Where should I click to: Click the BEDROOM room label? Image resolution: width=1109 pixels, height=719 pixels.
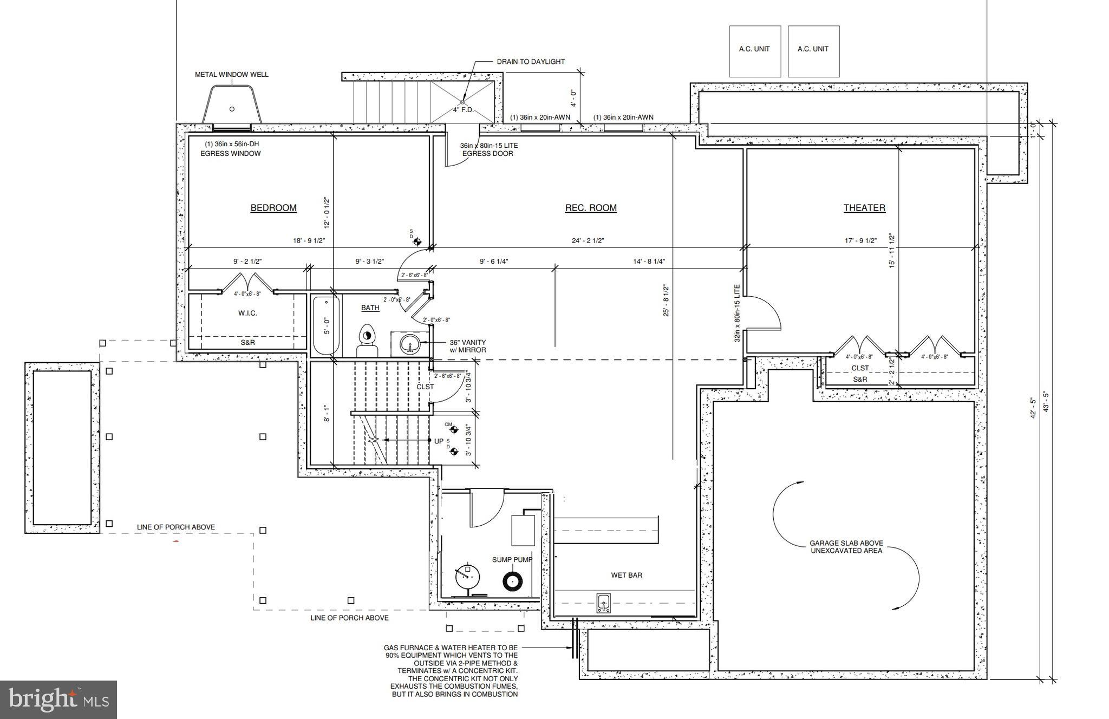click(x=273, y=208)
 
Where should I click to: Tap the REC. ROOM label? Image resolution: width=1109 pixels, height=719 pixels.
click(x=591, y=208)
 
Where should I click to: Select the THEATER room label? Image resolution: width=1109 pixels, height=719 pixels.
click(x=864, y=208)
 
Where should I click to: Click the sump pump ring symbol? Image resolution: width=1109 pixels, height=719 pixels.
click(x=512, y=581)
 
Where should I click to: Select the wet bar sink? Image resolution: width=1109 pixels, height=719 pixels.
click(x=604, y=603)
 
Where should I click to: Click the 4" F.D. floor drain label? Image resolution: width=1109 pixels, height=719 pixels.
click(x=463, y=110)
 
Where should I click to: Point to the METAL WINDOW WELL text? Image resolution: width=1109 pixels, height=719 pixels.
click(x=232, y=75)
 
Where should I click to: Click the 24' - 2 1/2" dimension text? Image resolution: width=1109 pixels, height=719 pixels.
click(x=588, y=240)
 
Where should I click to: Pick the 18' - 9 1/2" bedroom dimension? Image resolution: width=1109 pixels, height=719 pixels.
click(x=309, y=240)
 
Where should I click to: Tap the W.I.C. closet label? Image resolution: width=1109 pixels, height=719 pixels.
click(x=247, y=313)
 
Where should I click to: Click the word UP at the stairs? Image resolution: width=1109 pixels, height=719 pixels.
click(x=439, y=441)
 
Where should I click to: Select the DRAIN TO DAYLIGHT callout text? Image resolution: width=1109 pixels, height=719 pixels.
click(x=531, y=62)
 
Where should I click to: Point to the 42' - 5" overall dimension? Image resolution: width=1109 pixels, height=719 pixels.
click(x=1033, y=407)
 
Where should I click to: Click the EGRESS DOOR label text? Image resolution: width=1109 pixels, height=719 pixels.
click(x=487, y=153)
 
